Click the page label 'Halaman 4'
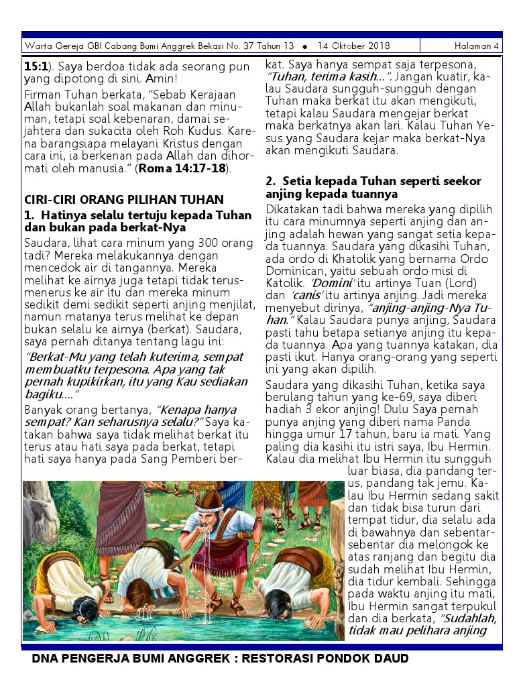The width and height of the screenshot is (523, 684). pyautogui.click(x=476, y=46)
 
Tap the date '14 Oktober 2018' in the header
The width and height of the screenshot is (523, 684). pyautogui.click(x=353, y=46)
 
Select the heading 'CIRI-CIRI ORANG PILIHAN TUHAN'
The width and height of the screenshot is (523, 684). pyautogui.click(x=124, y=200)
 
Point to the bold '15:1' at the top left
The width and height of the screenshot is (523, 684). pyautogui.click(x=35, y=67)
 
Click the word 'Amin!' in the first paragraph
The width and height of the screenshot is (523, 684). pyautogui.click(x=162, y=79)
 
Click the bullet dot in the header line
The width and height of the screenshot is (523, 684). pyautogui.click(x=305, y=47)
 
